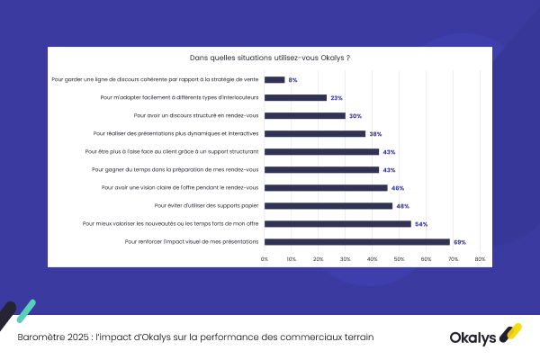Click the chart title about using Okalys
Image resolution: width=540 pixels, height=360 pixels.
(x=270, y=58)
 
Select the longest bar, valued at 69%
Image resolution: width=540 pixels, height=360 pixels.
(x=356, y=241)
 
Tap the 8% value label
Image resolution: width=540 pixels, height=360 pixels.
(x=293, y=79)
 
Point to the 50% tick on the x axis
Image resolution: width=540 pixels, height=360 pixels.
(x=400, y=259)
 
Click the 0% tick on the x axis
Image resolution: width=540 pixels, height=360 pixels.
(x=265, y=259)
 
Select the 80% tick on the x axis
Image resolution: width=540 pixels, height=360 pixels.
(x=480, y=259)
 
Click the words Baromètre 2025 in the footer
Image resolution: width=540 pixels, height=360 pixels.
(x=51, y=337)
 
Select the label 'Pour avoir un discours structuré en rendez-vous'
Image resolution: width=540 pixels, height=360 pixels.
(x=195, y=115)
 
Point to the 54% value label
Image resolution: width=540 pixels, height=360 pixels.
(x=421, y=223)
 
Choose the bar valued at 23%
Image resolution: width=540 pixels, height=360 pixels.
(x=295, y=97)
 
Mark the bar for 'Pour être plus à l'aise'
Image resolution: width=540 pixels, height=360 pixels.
(x=321, y=151)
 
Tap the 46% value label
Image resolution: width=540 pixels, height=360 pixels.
(x=397, y=187)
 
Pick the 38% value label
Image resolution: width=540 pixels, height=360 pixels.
(x=375, y=133)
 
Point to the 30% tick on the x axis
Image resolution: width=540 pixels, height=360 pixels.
(x=346, y=259)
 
